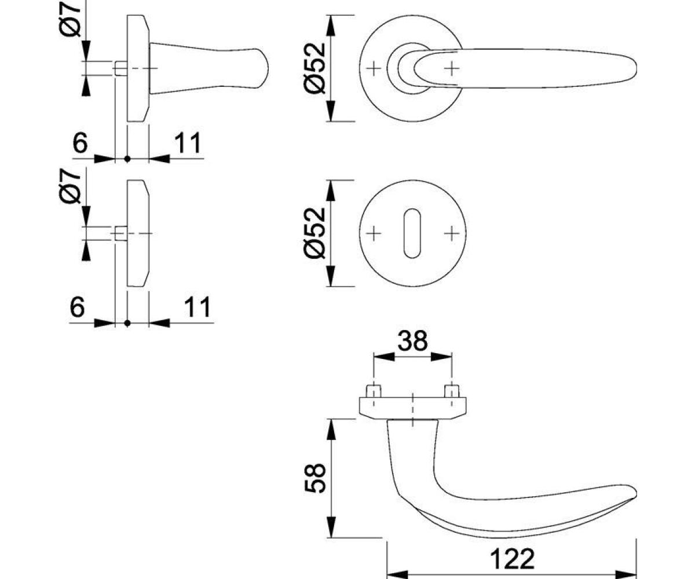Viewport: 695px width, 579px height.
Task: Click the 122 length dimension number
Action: coord(513,559)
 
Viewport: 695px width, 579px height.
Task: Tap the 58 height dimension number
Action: coord(314,478)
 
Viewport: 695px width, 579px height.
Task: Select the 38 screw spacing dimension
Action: coord(413,340)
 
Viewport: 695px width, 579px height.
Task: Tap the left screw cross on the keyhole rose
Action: coord(374,233)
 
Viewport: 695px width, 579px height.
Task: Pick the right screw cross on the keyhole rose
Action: coord(452,233)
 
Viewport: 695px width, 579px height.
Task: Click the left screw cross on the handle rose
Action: coord(374,69)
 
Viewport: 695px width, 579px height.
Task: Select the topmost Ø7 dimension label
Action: coord(70,19)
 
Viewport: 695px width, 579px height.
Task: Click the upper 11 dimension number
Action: coord(188,143)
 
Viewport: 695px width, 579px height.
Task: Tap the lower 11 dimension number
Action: coord(197,307)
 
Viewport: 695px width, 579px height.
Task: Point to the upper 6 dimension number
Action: coord(81,143)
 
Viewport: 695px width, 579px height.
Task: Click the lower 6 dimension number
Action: coord(77,307)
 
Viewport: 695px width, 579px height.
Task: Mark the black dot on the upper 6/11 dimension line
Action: coord(127,159)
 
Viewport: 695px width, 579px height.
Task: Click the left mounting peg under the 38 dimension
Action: coord(374,391)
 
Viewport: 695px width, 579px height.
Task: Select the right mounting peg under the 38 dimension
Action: coord(452,391)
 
